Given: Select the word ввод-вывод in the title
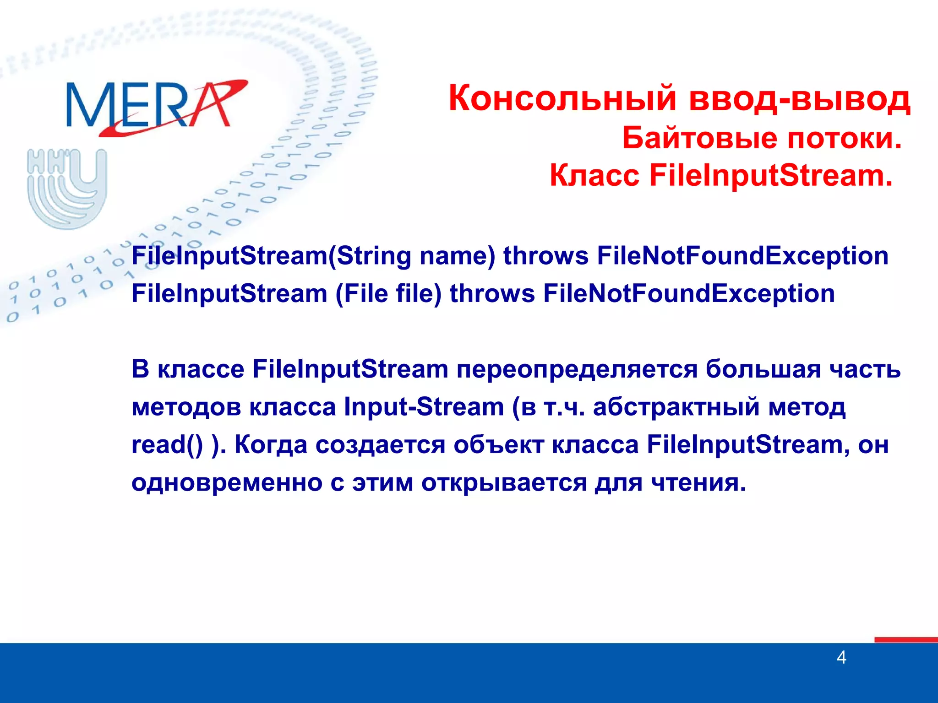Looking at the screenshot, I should pos(799,98).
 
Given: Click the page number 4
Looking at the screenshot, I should pos(841,658).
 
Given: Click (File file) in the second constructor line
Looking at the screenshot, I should pos(388,293).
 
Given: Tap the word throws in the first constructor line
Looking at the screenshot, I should pos(545,255).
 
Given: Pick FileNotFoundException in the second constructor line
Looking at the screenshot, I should pos(689,293).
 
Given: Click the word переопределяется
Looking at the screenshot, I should pos(577,369).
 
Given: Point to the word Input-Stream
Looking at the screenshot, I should pos(424,407).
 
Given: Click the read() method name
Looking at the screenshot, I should pos(167,444).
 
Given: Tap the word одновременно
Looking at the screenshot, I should pos(227,482).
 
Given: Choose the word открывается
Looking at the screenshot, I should pos(504,482).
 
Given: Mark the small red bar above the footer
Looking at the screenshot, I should pos(905,639).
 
